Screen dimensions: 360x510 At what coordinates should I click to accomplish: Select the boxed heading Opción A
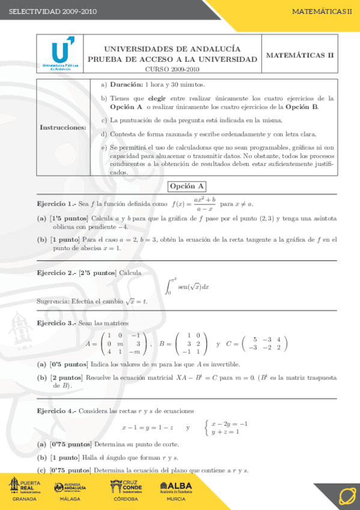pyautogui.click(x=187, y=186)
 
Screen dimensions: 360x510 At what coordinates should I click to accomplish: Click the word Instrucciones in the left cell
pyautogui.click(x=63, y=127)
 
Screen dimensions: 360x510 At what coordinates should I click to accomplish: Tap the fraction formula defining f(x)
pyautogui.click(x=204, y=204)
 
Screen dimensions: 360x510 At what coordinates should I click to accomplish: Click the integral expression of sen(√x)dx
pyautogui.click(x=188, y=284)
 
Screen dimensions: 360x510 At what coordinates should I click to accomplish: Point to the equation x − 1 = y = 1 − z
pyautogui.click(x=147, y=428)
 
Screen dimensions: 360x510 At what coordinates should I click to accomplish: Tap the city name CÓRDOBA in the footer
pyautogui.click(x=126, y=499)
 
